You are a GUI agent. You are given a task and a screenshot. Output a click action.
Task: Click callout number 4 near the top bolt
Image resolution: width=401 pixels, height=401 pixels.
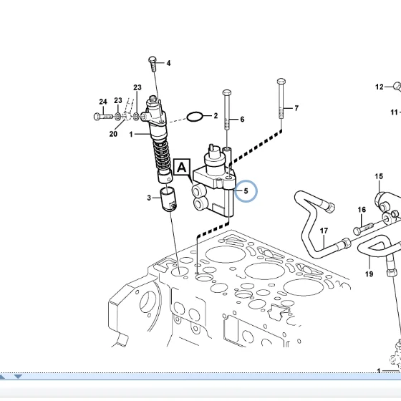tap(168, 63)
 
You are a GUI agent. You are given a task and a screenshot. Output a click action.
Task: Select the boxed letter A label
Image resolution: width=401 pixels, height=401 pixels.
tap(181, 168)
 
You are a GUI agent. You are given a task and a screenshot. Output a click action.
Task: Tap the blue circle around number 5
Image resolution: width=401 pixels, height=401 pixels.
tap(246, 191)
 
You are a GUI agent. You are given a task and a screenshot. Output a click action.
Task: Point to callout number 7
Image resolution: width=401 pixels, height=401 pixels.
tap(296, 109)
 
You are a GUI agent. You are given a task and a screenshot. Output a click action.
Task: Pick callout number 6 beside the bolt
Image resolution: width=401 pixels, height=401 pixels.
tap(242, 120)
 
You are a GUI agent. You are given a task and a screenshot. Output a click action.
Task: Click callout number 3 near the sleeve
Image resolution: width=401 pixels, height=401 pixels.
tap(150, 198)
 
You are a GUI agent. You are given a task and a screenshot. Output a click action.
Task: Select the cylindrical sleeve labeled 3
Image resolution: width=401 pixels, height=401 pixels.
tap(168, 198)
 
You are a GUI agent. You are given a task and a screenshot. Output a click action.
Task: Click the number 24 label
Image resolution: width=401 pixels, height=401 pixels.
tap(103, 102)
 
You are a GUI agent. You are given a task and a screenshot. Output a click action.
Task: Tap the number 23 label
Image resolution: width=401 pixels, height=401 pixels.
tap(137, 88)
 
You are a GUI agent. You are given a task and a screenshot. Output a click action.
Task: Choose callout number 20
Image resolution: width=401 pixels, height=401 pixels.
tap(113, 134)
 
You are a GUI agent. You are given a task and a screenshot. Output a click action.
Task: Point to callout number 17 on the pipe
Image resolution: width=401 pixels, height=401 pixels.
tap(324, 231)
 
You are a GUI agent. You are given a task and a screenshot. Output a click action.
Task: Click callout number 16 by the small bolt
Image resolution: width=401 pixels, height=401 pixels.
tap(362, 211)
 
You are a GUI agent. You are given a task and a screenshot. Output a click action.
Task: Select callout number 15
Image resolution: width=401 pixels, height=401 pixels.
tap(379, 176)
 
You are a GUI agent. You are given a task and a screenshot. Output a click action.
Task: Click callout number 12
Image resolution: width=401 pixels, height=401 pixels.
tap(379, 87)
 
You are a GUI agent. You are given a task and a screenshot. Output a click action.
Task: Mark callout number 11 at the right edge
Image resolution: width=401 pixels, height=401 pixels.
tap(394, 112)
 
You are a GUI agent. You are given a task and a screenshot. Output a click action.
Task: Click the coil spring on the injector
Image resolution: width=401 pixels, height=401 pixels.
tap(163, 153)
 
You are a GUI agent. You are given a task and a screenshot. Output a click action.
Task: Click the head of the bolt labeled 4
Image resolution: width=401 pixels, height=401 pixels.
tap(153, 59)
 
